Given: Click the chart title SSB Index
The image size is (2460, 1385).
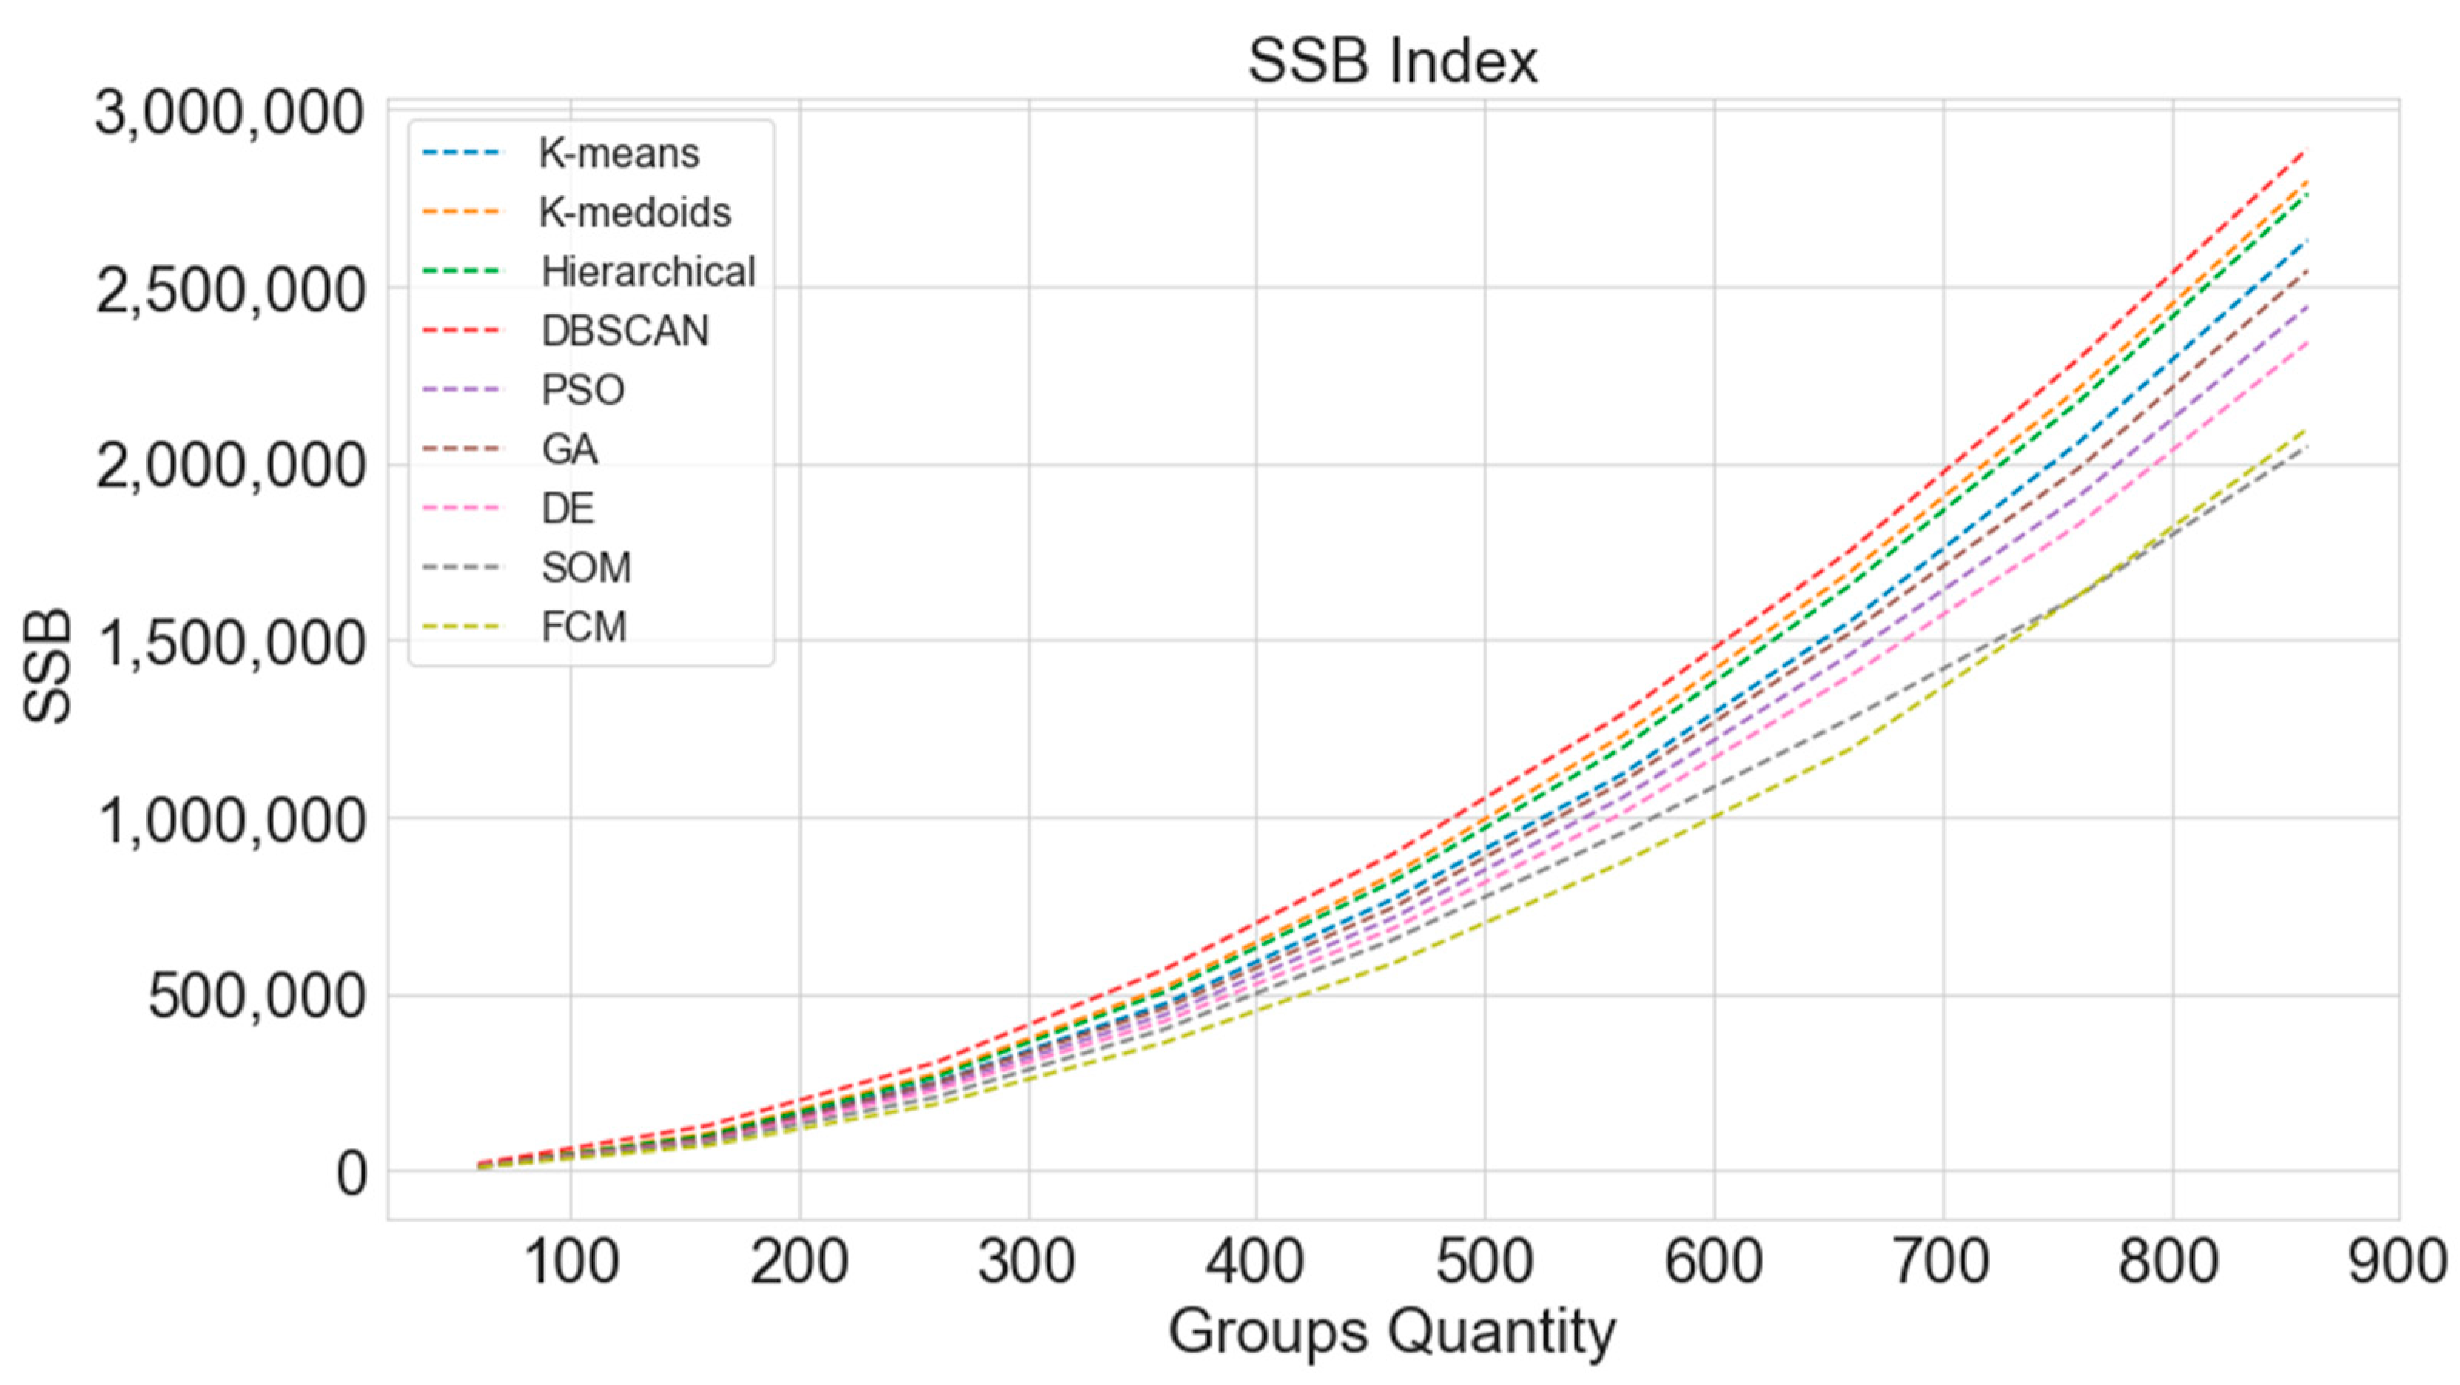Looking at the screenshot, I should [x=1393, y=62].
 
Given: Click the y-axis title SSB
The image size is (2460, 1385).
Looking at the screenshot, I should [x=48, y=666].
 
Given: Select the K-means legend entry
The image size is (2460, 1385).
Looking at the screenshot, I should [x=619, y=153].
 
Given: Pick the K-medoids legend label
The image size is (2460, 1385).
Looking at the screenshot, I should [x=635, y=212].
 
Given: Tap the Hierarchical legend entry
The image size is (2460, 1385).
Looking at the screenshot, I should [x=648, y=271].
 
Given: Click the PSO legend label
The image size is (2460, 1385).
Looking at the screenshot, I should [x=583, y=390].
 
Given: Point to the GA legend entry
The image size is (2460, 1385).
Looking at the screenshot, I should [x=570, y=449].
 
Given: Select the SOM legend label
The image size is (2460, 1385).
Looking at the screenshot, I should [x=586, y=567].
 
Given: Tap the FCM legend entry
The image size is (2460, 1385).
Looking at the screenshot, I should [x=583, y=627].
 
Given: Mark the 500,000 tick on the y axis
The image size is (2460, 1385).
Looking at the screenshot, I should [x=256, y=997].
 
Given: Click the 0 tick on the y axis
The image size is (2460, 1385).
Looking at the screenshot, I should [x=351, y=1173].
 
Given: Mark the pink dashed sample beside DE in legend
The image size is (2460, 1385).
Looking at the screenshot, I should [x=460, y=508].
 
